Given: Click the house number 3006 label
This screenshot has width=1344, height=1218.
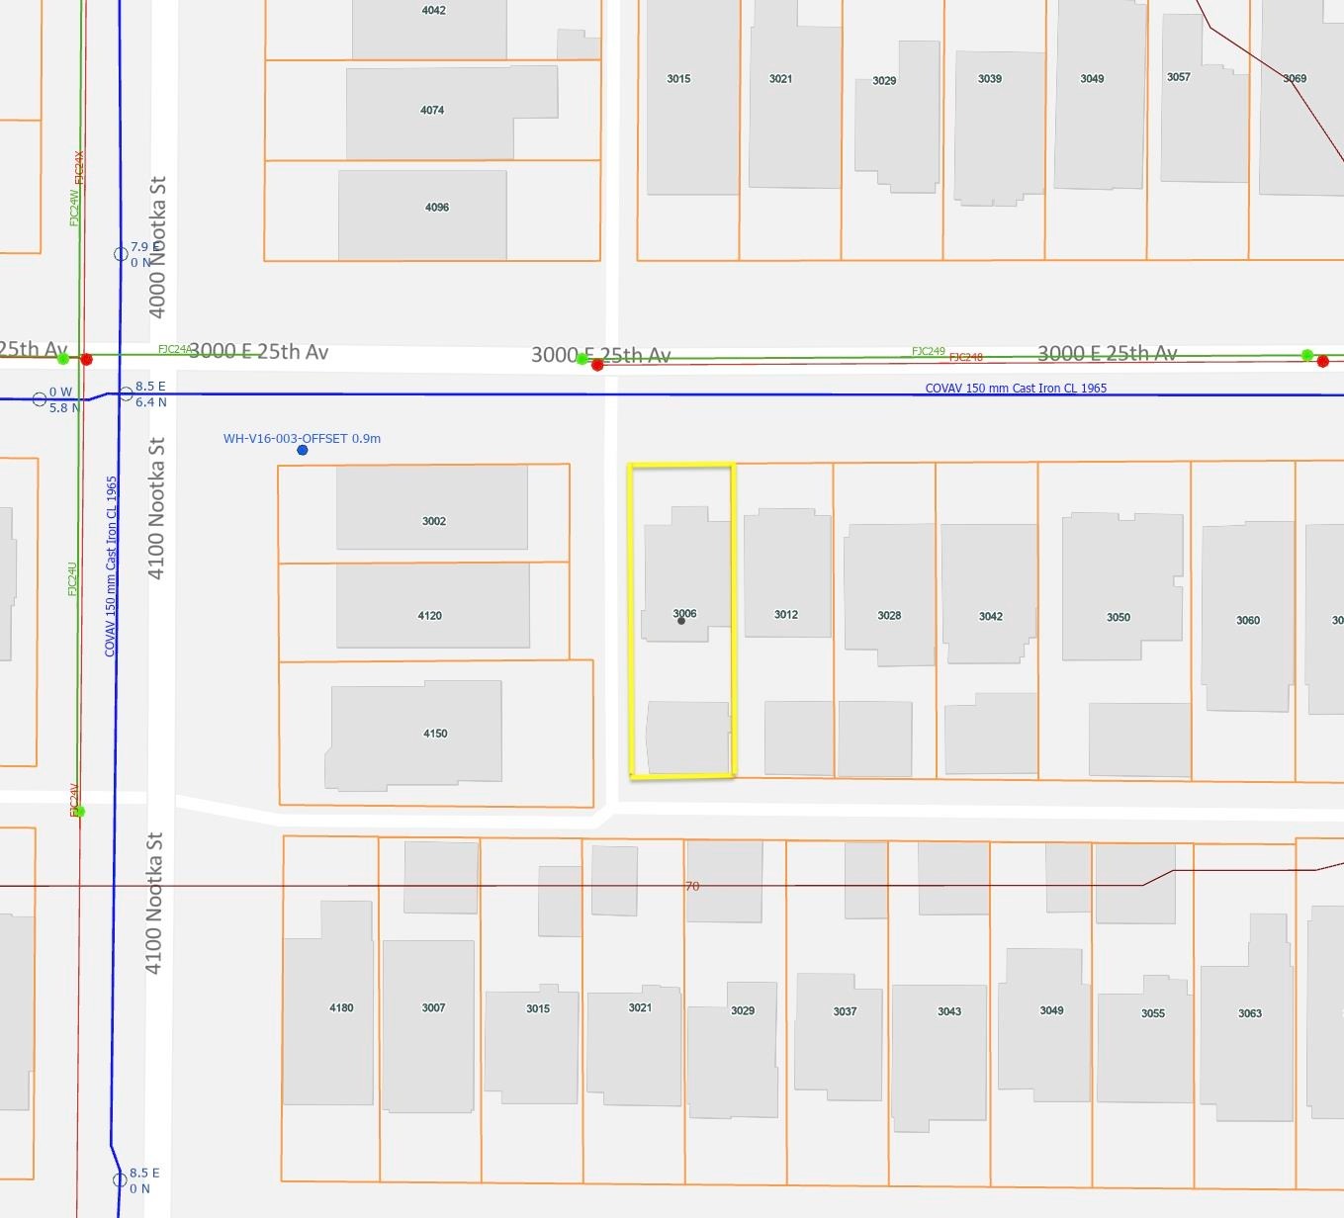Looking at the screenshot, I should [x=684, y=614].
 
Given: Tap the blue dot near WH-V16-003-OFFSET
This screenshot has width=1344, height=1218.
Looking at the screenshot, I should [x=303, y=451].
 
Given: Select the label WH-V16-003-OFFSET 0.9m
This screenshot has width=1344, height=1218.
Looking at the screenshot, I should [x=302, y=438].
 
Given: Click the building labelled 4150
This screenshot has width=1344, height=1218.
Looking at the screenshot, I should [x=435, y=734].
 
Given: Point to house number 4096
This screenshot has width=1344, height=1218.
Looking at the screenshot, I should [x=437, y=208].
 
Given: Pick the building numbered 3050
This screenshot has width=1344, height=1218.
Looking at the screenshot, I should [x=1119, y=617].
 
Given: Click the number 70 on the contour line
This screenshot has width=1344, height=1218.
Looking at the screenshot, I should [x=692, y=887].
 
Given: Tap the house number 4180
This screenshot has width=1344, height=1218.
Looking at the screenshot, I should [x=341, y=1007].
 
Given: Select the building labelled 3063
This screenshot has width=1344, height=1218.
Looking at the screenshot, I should [x=1250, y=1013].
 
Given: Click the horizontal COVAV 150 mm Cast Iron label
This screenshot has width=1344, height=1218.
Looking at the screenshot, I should [x=1016, y=389].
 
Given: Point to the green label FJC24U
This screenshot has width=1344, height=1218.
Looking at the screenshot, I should [x=72, y=578].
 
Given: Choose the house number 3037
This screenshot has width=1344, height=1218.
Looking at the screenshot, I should [x=845, y=1011].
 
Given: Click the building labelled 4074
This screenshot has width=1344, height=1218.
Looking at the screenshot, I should [x=432, y=111].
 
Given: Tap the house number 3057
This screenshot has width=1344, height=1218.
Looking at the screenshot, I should [x=1178, y=77].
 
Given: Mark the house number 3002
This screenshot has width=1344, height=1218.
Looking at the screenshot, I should [x=434, y=521].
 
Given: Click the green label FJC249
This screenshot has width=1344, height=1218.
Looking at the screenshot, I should [x=928, y=351].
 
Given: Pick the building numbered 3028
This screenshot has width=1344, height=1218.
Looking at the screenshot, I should [x=889, y=615].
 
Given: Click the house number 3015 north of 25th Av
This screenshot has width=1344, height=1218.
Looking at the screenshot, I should [x=678, y=79].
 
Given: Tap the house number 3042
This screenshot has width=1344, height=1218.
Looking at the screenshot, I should [x=991, y=616].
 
